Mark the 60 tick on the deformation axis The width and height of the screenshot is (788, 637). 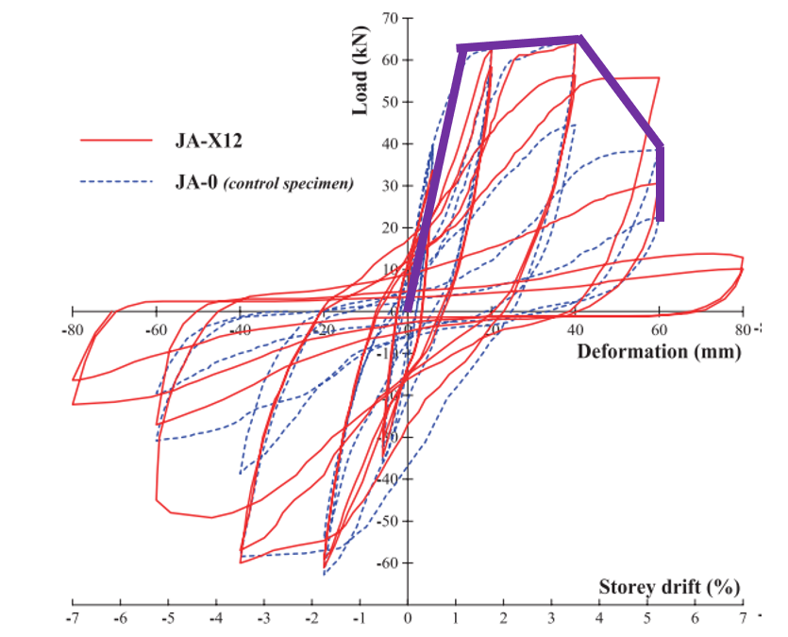[x=660, y=330]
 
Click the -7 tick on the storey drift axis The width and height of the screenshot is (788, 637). [x=72, y=618]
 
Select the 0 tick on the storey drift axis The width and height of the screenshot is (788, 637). [x=408, y=618]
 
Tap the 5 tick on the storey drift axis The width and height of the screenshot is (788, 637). [x=647, y=618]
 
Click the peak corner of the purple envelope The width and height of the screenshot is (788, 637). [x=579, y=39]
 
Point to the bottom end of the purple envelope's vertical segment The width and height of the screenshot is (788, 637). [x=661, y=220]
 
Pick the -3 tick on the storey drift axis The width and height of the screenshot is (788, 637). [x=263, y=618]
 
